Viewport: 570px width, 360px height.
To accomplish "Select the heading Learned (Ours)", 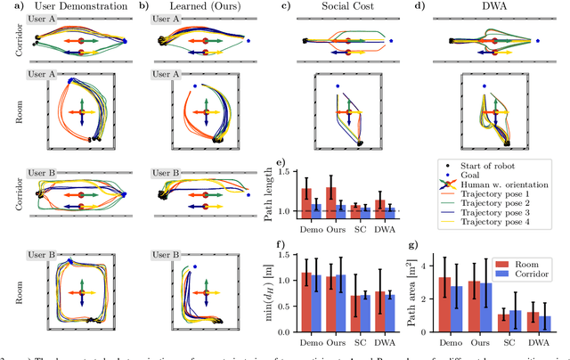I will (x=196, y=7).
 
